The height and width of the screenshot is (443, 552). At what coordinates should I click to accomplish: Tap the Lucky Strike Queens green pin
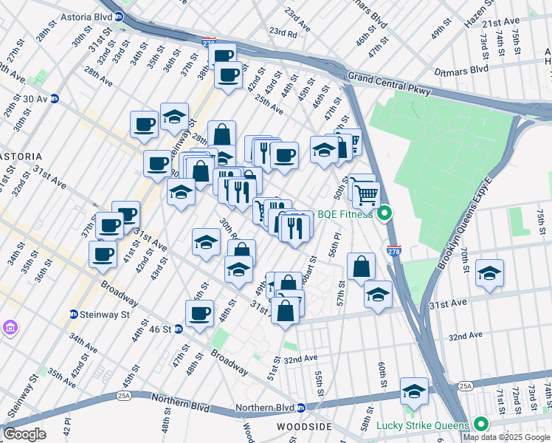point(481,425)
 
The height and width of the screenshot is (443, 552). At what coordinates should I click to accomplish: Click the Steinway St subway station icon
point(73,314)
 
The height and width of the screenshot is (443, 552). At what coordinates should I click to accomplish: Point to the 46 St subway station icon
point(178,329)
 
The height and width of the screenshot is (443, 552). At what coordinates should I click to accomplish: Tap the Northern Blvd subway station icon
point(301,408)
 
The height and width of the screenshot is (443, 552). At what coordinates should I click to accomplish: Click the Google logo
point(24,434)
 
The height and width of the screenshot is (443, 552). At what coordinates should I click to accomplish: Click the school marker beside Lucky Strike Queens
point(414,391)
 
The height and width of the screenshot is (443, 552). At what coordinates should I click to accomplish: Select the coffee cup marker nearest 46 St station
point(199,313)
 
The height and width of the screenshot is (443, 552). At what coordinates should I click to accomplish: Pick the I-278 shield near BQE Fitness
point(394,251)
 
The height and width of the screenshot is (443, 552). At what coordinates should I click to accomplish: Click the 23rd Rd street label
point(282,32)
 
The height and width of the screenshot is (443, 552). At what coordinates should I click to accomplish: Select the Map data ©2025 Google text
point(507,436)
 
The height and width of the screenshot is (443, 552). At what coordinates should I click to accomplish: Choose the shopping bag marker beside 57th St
point(361,267)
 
